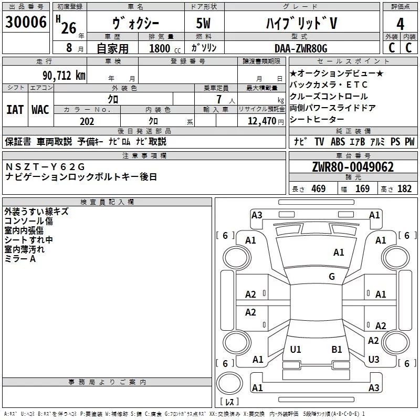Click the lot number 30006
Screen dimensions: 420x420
coord(26,22)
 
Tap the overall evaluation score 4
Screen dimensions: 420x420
coord(401,24)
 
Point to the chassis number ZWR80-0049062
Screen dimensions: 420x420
coord(352,167)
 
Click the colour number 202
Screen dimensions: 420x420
coord(87,121)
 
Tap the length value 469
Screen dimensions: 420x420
coord(318,189)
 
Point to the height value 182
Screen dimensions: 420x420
coord(404,189)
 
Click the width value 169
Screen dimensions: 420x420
coord(362,189)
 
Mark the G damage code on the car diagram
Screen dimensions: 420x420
coord(332,277)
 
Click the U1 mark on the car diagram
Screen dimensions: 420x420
coord(296,350)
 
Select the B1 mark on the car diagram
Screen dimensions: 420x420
coord(337,350)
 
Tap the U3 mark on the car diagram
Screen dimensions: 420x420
coord(374,360)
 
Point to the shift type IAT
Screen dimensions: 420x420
coord(15,110)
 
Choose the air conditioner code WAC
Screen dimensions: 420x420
coord(40,110)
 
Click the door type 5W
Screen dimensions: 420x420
coord(204,24)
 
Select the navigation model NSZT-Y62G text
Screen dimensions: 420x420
coord(45,167)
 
